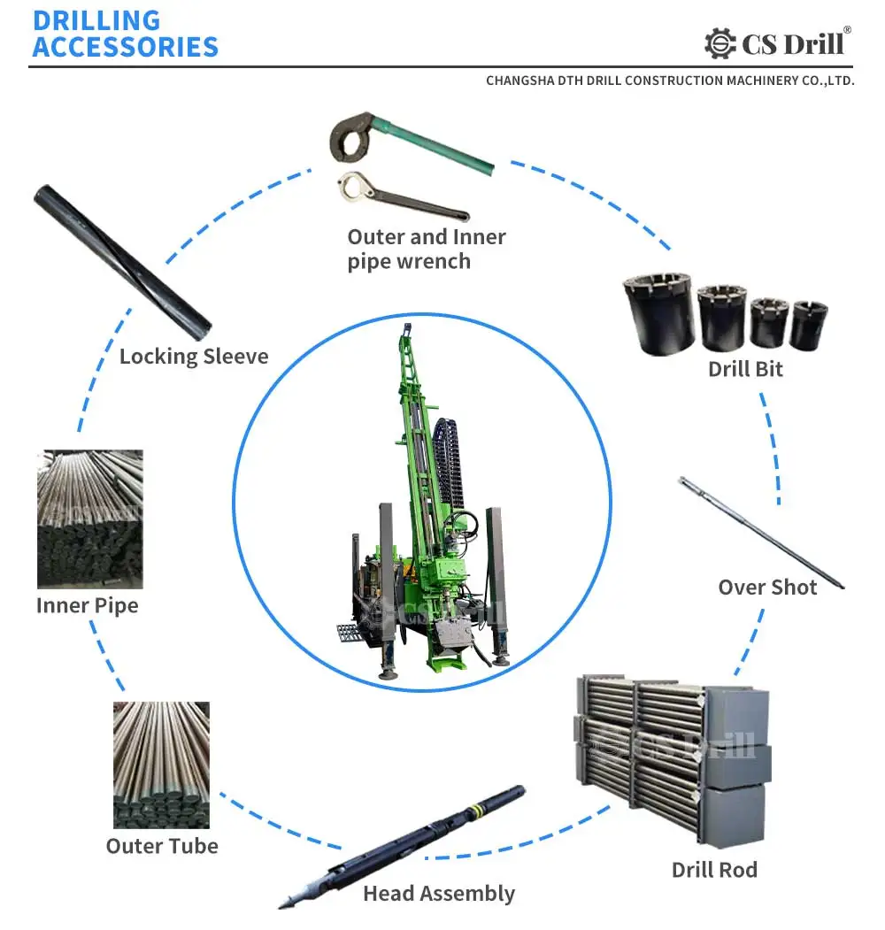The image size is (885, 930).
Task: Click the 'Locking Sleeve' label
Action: coord(193,357)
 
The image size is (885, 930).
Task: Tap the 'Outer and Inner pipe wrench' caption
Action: coord(426,249)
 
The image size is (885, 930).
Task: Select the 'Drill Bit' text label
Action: coord(745,369)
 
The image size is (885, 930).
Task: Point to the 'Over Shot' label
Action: coord(766,588)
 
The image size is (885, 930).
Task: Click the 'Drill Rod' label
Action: coord(714,870)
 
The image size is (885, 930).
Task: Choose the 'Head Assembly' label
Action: coord(438,894)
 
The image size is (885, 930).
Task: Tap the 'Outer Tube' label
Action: coord(162,846)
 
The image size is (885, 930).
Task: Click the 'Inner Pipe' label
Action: coord(87,606)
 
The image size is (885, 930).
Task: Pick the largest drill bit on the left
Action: coord(658,313)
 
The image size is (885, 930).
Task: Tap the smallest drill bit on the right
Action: coord(808,325)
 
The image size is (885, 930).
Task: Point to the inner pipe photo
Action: coord(89,519)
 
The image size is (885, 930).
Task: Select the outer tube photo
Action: coord(161,765)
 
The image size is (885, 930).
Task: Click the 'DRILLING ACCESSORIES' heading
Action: coord(125,34)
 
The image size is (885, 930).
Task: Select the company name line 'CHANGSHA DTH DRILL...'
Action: coord(669,81)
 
